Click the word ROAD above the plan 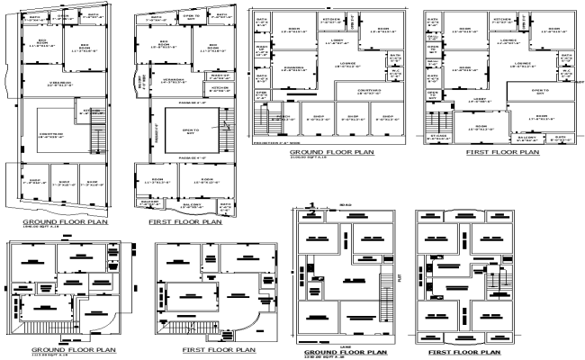346,205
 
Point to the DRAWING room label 293,67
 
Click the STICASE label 437,137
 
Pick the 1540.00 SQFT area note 34,229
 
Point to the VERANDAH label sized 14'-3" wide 175,79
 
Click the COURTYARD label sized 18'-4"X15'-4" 52,136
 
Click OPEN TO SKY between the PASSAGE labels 189,133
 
